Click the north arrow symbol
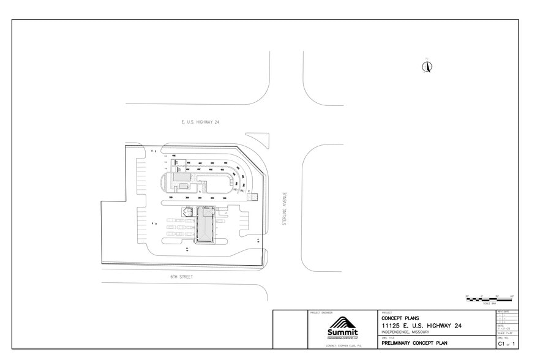[427, 67]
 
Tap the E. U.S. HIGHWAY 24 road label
[200, 122]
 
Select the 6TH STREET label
[182, 277]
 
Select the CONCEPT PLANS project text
[400, 318]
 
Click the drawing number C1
[501, 344]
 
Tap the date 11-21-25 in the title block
[503, 328]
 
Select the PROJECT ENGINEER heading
[321, 313]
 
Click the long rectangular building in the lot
[204, 225]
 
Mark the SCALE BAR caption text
[489, 304]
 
